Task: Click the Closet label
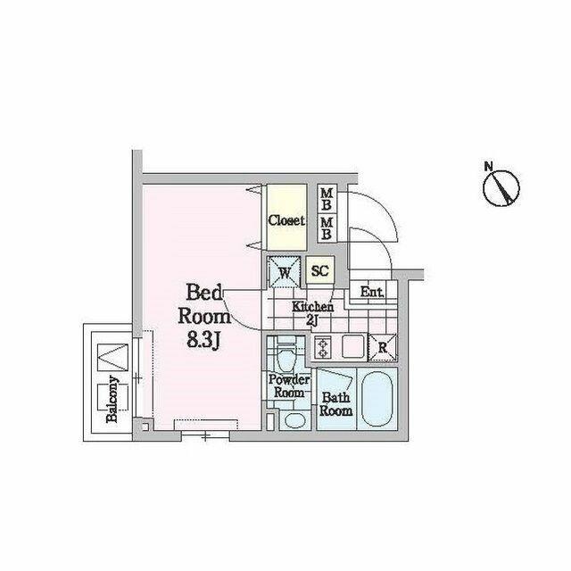[286, 220]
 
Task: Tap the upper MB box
[327, 199]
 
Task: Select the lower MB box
[327, 228]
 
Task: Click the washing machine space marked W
[285, 272]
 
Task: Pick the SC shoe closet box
[320, 270]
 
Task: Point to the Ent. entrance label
[372, 292]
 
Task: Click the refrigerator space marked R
[383, 347]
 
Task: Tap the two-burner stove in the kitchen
[322, 347]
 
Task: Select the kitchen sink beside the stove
[353, 347]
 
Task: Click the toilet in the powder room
[286, 355]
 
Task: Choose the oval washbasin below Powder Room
[295, 421]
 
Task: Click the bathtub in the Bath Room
[377, 399]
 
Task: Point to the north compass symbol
[501, 188]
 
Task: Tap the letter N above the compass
[488, 167]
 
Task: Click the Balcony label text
[113, 399]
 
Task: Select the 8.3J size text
[203, 341]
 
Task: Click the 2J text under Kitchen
[312, 320]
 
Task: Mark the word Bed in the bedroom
[204, 294]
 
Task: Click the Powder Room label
[289, 386]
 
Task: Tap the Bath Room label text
[335, 404]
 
